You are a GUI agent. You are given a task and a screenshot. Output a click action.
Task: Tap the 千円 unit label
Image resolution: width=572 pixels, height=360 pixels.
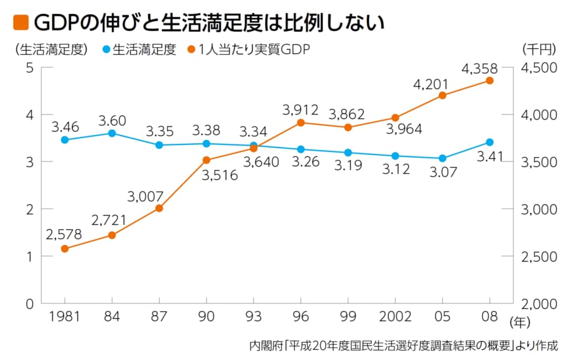pyautogui.click(x=539, y=50)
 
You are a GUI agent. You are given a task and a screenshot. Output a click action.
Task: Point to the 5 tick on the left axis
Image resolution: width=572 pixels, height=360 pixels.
pyautogui.click(x=29, y=67)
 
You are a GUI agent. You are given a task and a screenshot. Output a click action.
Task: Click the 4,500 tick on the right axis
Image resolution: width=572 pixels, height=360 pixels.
pyautogui.click(x=539, y=67)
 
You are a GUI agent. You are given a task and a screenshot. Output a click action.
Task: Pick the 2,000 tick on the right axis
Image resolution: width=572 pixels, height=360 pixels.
pyautogui.click(x=539, y=303)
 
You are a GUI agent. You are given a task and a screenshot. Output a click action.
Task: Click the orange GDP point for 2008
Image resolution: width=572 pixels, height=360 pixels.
pyautogui.click(x=489, y=81)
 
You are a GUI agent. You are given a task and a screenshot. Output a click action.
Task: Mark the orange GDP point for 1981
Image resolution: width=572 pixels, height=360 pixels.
pyautogui.click(x=65, y=249)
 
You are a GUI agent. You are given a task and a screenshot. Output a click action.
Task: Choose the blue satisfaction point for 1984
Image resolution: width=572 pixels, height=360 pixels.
pyautogui.click(x=112, y=134)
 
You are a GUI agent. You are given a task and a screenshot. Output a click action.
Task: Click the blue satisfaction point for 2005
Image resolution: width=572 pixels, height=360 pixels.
pyautogui.click(x=442, y=158)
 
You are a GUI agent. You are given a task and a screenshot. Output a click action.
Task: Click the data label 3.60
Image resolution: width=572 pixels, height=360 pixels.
pyautogui.click(x=112, y=120)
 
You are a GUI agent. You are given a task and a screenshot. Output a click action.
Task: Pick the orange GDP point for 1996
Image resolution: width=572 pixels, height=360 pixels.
pyautogui.click(x=301, y=123)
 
